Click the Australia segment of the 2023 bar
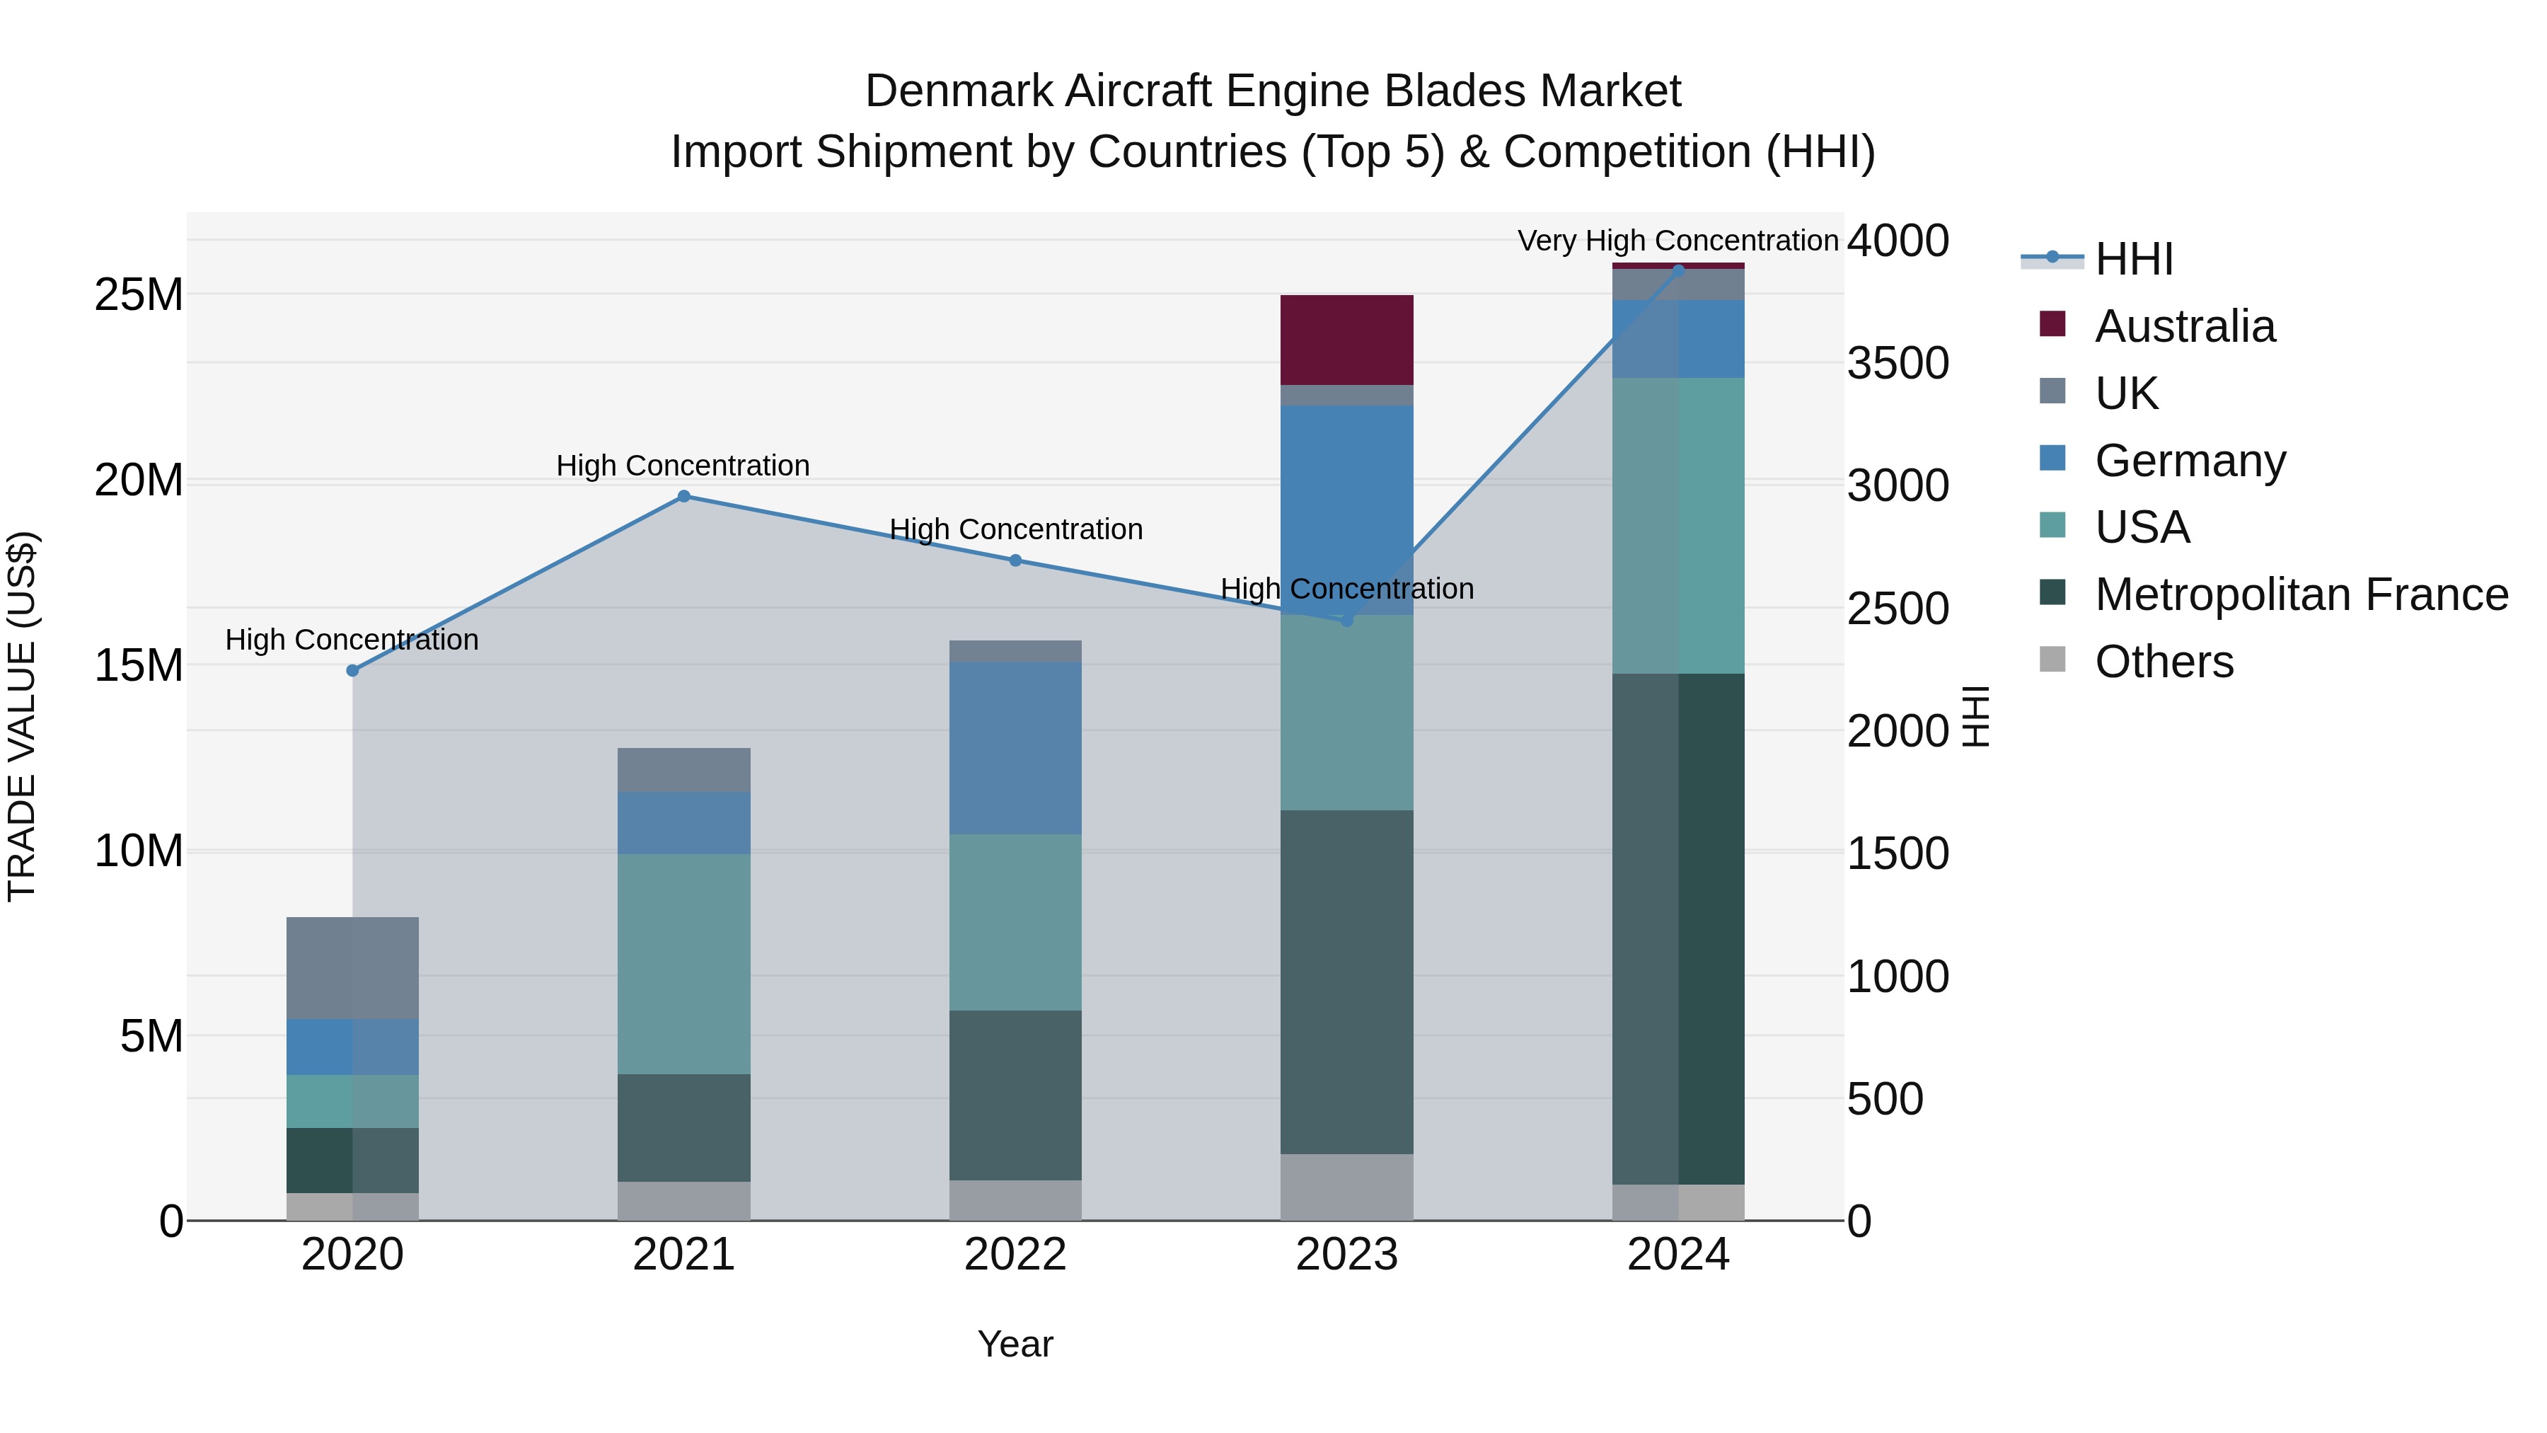[x=1346, y=339]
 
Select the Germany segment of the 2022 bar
[x=1015, y=748]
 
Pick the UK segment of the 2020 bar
[x=352, y=967]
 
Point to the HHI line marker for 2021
[x=683, y=497]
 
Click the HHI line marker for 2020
[x=352, y=671]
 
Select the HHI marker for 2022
[x=1015, y=560]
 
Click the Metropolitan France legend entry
[x=2301, y=594]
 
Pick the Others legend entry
[x=2164, y=662]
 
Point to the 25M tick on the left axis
[x=139, y=294]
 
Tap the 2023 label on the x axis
[x=1346, y=1255]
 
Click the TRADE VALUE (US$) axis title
[x=22, y=716]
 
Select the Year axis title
[x=1015, y=1344]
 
